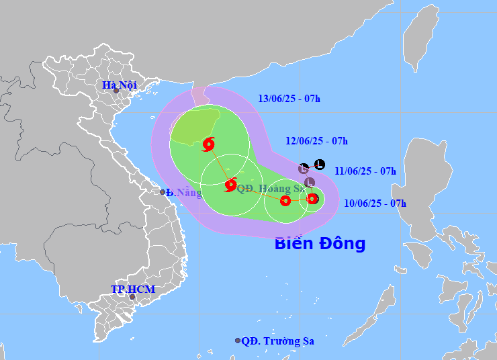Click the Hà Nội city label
[x=120, y=85]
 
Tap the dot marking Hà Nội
[x=116, y=91]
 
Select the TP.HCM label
[x=133, y=289]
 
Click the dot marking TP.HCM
[x=132, y=297]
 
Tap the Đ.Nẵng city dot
[x=163, y=192]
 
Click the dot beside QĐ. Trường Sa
[x=238, y=341]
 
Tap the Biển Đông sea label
[x=320, y=243]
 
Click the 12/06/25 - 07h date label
[x=316, y=141]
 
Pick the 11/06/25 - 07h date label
[x=365, y=171]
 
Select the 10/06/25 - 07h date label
[x=375, y=203]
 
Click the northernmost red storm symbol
[x=208, y=144]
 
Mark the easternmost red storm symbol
[x=312, y=198]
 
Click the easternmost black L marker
[x=319, y=164]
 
